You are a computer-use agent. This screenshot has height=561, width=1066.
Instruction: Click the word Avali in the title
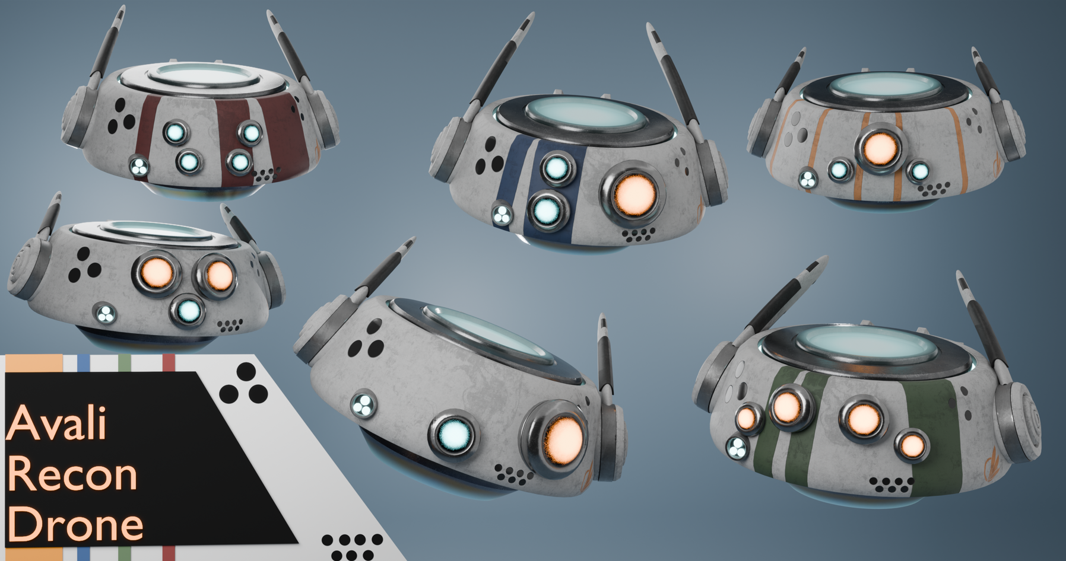57,423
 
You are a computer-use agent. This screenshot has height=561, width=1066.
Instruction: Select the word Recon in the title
72,474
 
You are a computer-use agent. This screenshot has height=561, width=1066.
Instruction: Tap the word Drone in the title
75,524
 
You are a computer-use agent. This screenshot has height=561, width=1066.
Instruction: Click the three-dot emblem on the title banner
244,384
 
